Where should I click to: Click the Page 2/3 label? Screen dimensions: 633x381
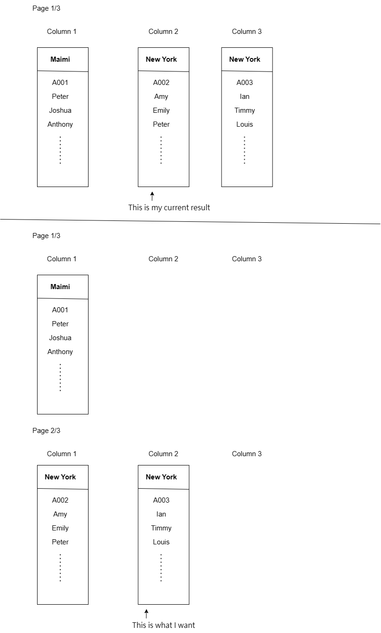pyautogui.click(x=46, y=431)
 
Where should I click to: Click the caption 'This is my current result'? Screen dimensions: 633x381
pyautogui.click(x=169, y=207)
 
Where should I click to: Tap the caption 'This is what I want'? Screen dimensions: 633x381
pyautogui.click(x=164, y=625)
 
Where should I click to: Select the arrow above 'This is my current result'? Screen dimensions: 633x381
pyautogui.click(x=152, y=196)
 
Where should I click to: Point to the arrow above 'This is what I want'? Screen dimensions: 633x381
pyautogui.click(x=146, y=614)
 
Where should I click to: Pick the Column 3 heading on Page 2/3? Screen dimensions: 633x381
pyautogui.click(x=247, y=454)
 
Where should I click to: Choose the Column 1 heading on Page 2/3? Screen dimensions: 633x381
pyautogui.click(x=62, y=454)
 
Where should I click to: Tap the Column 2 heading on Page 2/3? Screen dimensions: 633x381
pyautogui.click(x=163, y=454)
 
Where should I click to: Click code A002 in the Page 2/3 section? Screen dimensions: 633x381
pyautogui.click(x=60, y=500)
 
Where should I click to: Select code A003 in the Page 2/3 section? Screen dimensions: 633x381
pyautogui.click(x=161, y=500)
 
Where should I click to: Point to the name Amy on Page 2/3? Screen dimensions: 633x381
pyautogui.click(x=60, y=514)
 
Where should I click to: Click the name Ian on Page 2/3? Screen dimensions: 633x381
pyautogui.click(x=161, y=514)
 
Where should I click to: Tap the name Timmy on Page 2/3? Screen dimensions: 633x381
pyautogui.click(x=161, y=528)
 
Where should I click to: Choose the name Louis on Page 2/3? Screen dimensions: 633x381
pyautogui.click(x=161, y=542)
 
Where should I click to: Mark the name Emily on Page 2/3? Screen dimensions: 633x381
pyautogui.click(x=60, y=528)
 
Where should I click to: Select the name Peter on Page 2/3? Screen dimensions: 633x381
pyautogui.click(x=60, y=542)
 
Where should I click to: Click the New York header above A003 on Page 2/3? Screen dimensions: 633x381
pyautogui.click(x=161, y=477)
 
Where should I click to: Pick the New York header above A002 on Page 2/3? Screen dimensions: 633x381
pyautogui.click(x=60, y=477)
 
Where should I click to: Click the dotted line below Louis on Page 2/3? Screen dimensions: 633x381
pyautogui.click(x=161, y=568)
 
